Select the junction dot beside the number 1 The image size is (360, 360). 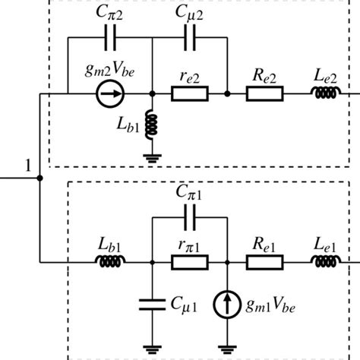[x=40, y=178]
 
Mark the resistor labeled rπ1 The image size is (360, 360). [x=190, y=263]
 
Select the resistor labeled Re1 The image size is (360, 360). [x=266, y=263]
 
